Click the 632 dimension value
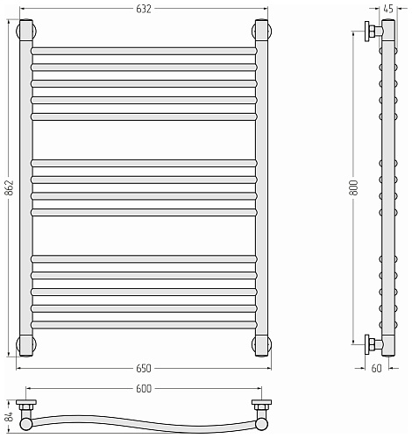pyautogui.click(x=144, y=9)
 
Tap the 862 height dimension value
pyautogui.click(x=10, y=187)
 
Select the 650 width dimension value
pyautogui.click(x=144, y=369)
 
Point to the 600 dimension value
pyautogui.click(x=144, y=389)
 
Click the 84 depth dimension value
pyautogui.click(x=10, y=416)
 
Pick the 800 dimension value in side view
pyautogui.click(x=353, y=187)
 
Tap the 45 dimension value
pyautogui.click(x=388, y=9)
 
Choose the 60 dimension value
pyautogui.click(x=376, y=369)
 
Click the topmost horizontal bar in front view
pyautogui.click(x=144, y=51)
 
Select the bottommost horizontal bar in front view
pyautogui.click(x=144, y=325)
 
